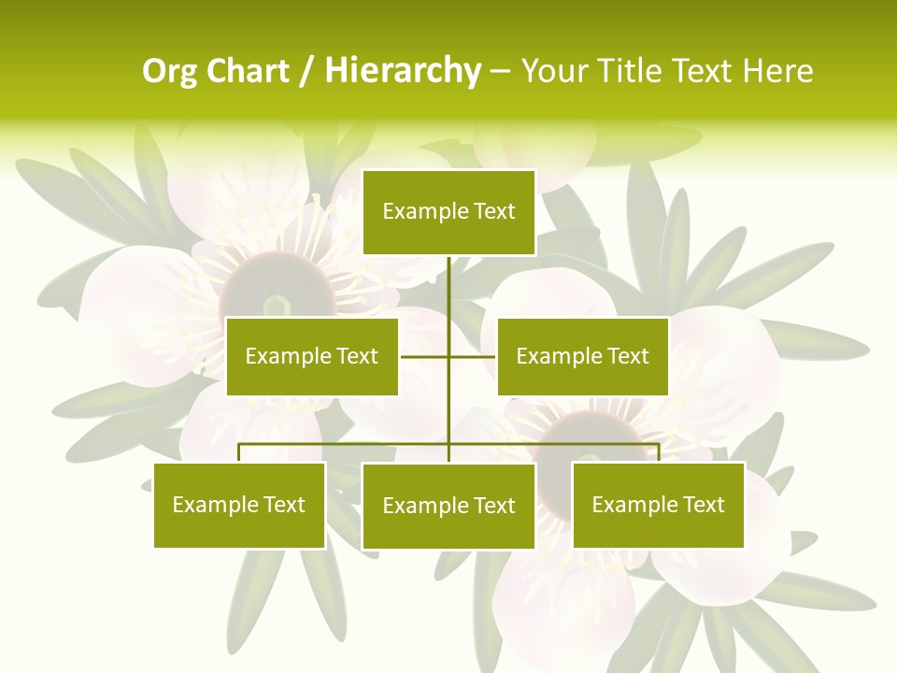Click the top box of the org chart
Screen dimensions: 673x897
[448, 212]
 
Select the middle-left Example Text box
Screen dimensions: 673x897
[312, 356]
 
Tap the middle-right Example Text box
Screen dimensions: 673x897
[582, 356]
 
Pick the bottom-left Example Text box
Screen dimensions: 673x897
[239, 505]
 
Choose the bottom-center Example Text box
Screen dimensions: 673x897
[448, 506]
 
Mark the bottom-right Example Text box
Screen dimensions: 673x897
[658, 505]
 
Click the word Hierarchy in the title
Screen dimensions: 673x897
[403, 71]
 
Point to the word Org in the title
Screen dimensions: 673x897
[170, 71]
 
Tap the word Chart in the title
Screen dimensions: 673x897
[248, 71]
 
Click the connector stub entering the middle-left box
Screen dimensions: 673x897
[424, 356]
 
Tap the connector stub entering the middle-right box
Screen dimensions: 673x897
[473, 356]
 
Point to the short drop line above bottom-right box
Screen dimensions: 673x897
[659, 452]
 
